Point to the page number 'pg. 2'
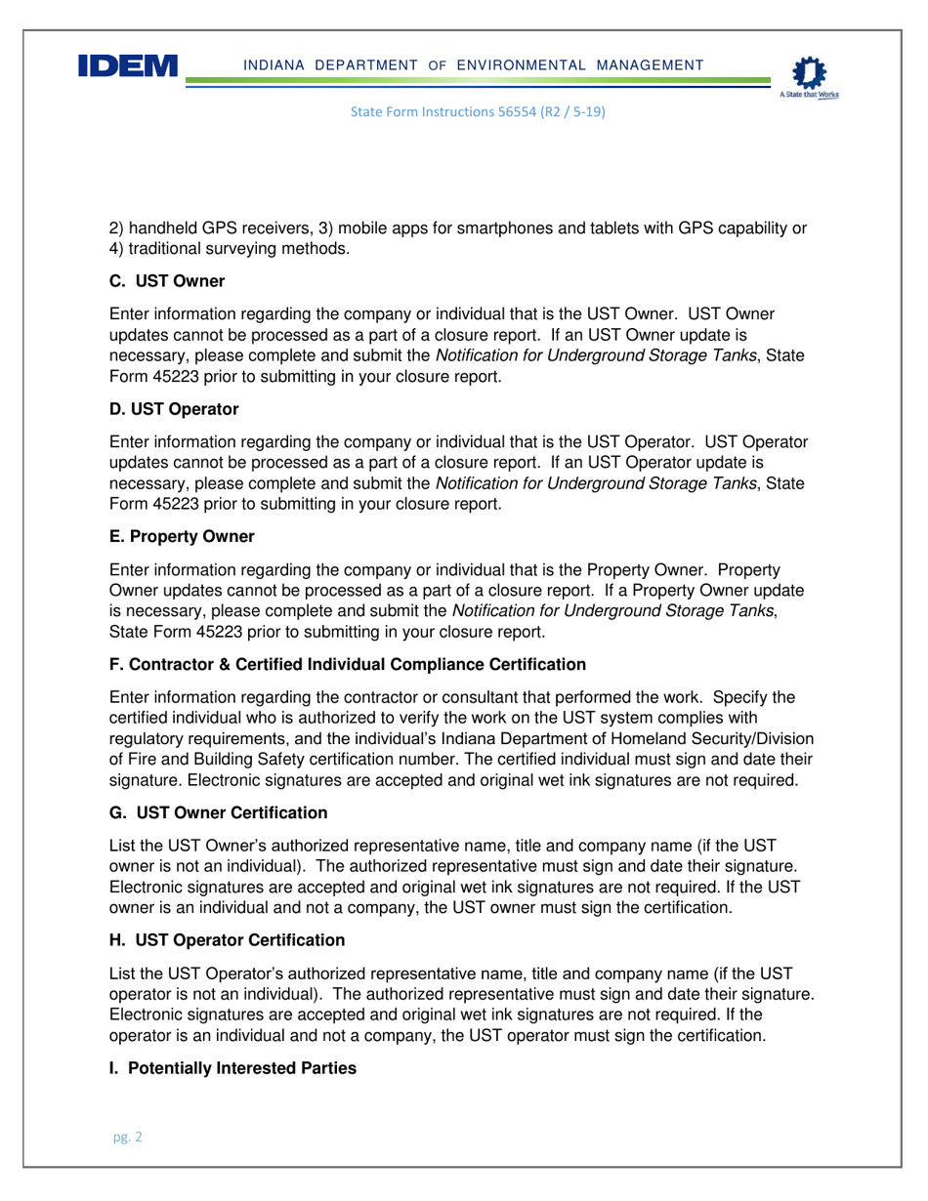pyautogui.click(x=126, y=1138)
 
